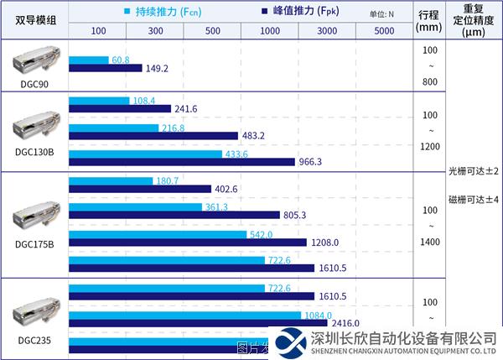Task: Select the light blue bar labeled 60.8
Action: tap(89, 60)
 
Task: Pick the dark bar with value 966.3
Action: tap(181, 161)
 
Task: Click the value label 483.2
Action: tap(253, 135)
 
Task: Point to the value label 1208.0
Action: tap(325, 243)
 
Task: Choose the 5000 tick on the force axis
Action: tap(385, 30)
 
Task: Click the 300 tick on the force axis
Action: tap(155, 30)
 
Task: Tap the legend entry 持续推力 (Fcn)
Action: tap(160, 12)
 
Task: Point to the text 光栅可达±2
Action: tap(474, 170)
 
